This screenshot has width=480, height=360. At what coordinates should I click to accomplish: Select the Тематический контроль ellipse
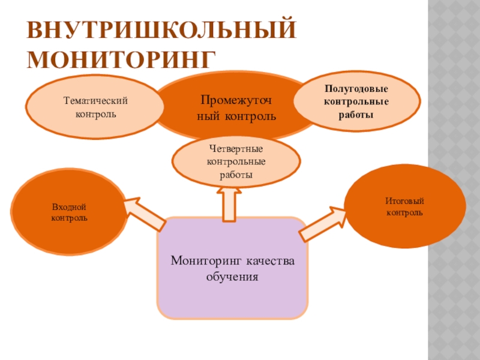click(97, 107)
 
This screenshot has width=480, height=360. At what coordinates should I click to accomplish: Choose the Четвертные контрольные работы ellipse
click(236, 161)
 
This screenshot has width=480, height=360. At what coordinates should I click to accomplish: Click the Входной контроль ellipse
click(69, 212)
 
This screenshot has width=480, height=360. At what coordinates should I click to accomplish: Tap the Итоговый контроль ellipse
click(404, 206)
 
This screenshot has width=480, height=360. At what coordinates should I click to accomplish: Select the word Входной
click(70, 207)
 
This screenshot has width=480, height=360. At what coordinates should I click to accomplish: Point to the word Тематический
click(97, 101)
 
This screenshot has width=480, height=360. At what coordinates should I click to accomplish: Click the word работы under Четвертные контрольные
click(236, 175)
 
